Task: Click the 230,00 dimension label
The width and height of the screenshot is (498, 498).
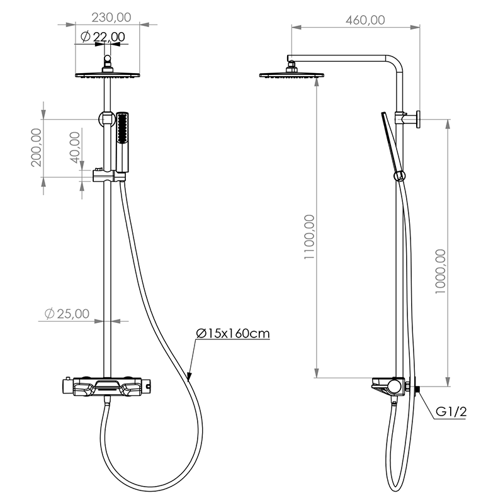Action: (111, 18)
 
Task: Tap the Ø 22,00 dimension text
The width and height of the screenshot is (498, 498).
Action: (103, 37)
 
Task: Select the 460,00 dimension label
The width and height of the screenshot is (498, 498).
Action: (365, 20)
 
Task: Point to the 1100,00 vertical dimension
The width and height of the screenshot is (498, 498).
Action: (309, 237)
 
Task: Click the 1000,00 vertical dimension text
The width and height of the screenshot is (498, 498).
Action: (441, 271)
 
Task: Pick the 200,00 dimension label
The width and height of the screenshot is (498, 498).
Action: (37, 147)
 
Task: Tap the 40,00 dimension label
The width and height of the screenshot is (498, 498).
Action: (75, 147)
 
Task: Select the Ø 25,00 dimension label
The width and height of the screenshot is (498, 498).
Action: (67, 314)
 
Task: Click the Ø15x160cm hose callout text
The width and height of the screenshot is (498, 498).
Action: (233, 334)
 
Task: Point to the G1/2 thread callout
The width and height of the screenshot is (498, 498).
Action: (451, 412)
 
